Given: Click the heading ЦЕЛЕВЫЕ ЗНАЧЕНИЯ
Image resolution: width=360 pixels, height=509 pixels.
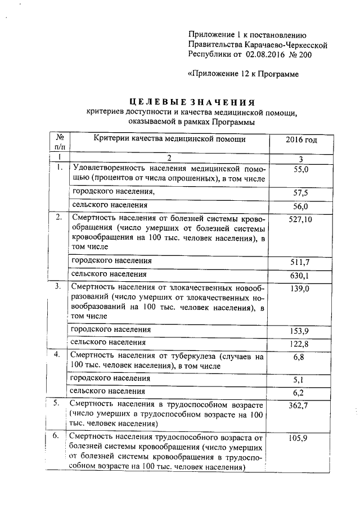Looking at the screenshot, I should click(x=191, y=102).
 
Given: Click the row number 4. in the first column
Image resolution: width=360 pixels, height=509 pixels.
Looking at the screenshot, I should click(x=57, y=354).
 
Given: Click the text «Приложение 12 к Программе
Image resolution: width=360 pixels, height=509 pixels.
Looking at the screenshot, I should click(x=242, y=74).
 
